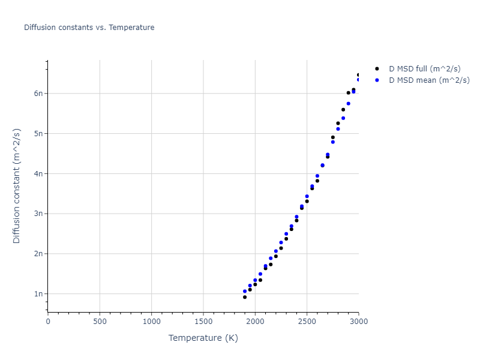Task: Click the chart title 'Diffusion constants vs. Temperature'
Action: click(x=89, y=28)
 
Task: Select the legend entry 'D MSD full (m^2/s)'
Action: click(x=429, y=68)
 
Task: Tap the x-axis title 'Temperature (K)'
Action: click(x=203, y=338)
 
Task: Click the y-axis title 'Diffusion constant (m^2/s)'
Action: click(x=17, y=185)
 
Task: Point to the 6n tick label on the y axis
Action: click(x=38, y=94)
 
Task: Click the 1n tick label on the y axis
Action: click(x=38, y=294)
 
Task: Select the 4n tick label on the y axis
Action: click(x=38, y=174)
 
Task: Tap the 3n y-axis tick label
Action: click(x=38, y=214)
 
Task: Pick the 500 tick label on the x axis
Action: click(x=100, y=322)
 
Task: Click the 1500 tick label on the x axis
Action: click(x=203, y=322)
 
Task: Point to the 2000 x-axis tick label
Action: click(x=255, y=322)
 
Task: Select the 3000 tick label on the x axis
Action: click(x=359, y=322)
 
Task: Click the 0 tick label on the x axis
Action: click(x=48, y=322)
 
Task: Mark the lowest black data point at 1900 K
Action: click(x=245, y=297)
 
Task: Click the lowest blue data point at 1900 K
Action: click(x=245, y=291)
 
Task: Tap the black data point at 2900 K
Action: click(x=349, y=92)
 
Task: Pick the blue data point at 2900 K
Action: click(x=349, y=104)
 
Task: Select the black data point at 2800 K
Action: click(x=338, y=123)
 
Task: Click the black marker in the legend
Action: click(x=377, y=68)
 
